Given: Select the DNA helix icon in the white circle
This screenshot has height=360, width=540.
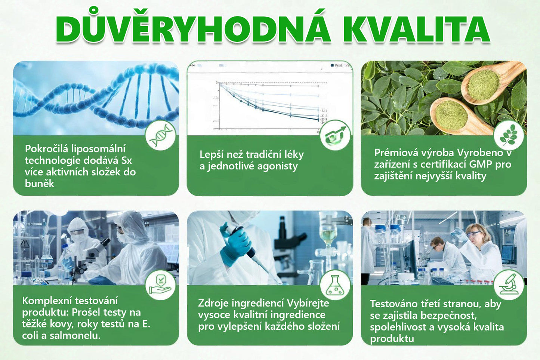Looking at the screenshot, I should (x=161, y=135).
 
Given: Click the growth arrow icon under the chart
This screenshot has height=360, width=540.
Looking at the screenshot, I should (x=335, y=135).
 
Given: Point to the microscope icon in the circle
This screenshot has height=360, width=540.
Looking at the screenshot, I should (x=509, y=285).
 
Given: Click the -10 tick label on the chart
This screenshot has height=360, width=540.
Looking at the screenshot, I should (x=215, y=98).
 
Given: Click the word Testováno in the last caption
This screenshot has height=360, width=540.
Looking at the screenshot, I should (x=392, y=304).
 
